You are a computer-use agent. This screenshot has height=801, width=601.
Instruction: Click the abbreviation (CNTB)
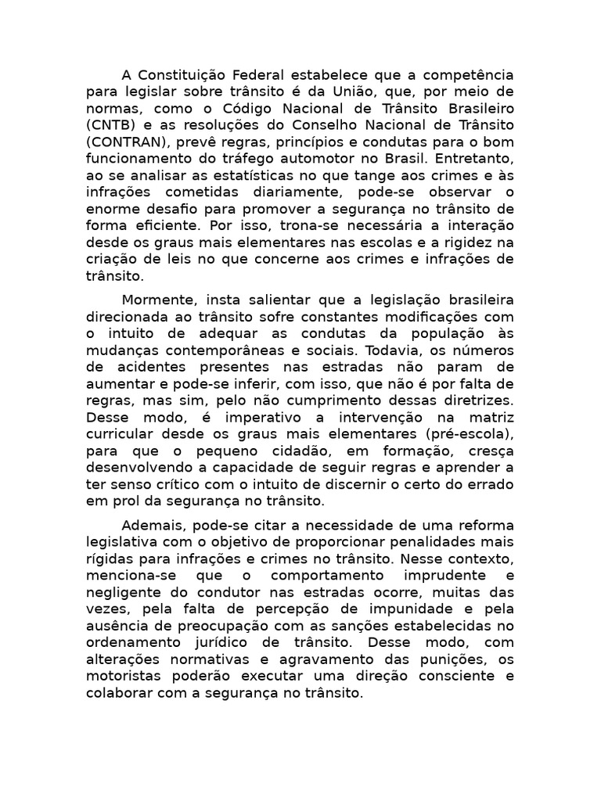tap(109, 124)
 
